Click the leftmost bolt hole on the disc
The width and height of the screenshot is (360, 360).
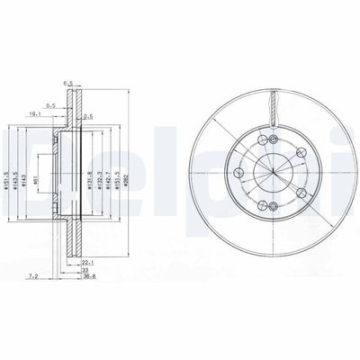tap(238, 174)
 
